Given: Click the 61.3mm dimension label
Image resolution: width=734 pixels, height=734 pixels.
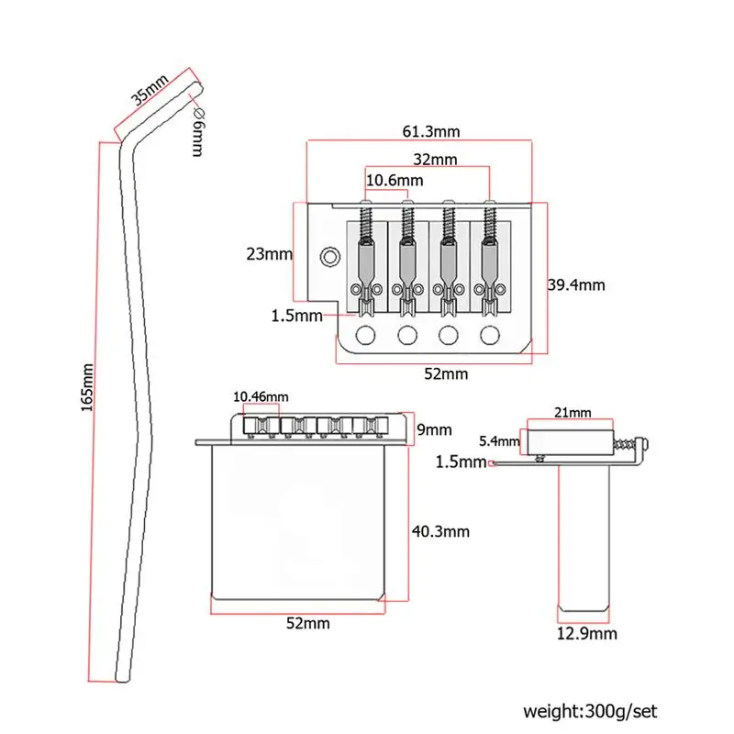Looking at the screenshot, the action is [x=431, y=131].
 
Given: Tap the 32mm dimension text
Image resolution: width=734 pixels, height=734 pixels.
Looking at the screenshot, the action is [x=435, y=160].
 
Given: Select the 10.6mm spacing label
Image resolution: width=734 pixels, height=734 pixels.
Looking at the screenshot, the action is [x=395, y=180].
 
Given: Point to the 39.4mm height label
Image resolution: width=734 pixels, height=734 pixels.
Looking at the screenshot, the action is [x=576, y=284].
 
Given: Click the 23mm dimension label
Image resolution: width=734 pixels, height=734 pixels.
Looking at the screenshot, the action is [x=269, y=254].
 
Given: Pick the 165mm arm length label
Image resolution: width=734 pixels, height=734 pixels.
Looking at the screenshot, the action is [x=87, y=387].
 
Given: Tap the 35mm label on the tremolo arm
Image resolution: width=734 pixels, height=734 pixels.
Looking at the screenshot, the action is [x=149, y=90].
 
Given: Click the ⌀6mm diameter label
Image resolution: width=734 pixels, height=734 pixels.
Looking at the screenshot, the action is [x=198, y=132].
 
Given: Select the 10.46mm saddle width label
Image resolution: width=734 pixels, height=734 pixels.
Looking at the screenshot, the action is [x=261, y=397].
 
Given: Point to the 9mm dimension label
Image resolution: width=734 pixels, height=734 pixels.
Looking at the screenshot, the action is [x=434, y=429].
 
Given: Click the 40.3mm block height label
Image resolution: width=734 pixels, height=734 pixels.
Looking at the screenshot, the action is [x=440, y=531].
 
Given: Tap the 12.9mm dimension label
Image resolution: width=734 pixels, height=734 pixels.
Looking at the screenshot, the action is [x=586, y=634].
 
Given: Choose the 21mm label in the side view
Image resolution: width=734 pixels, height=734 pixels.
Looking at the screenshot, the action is [x=573, y=412].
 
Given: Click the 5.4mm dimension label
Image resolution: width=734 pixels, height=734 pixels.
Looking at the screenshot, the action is [x=499, y=441].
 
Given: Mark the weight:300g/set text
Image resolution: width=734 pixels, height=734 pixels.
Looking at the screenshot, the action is [x=590, y=712].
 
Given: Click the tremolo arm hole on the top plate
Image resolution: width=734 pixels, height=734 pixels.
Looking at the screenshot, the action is [x=330, y=257].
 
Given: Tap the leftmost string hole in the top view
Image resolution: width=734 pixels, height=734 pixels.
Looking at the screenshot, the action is [x=365, y=335].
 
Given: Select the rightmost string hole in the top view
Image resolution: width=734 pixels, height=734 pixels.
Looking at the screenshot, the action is [x=490, y=335].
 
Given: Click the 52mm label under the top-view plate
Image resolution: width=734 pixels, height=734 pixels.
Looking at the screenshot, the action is [x=446, y=374].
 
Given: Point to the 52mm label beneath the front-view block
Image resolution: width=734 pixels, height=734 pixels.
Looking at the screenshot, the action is [x=308, y=624].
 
